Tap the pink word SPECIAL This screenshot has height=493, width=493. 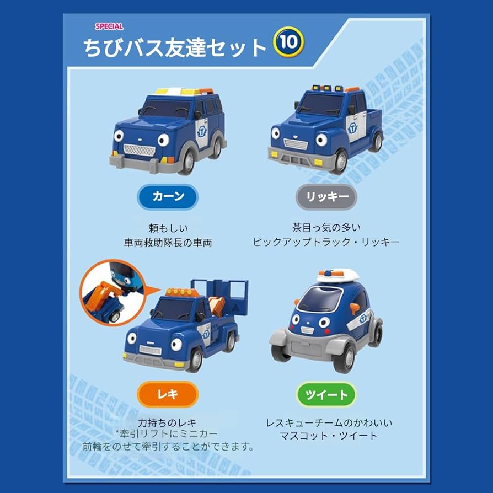click(109, 26)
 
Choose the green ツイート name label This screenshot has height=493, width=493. click(327, 395)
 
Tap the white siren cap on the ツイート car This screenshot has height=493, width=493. click(337, 275)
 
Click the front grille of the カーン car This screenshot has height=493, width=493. click(139, 149)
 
